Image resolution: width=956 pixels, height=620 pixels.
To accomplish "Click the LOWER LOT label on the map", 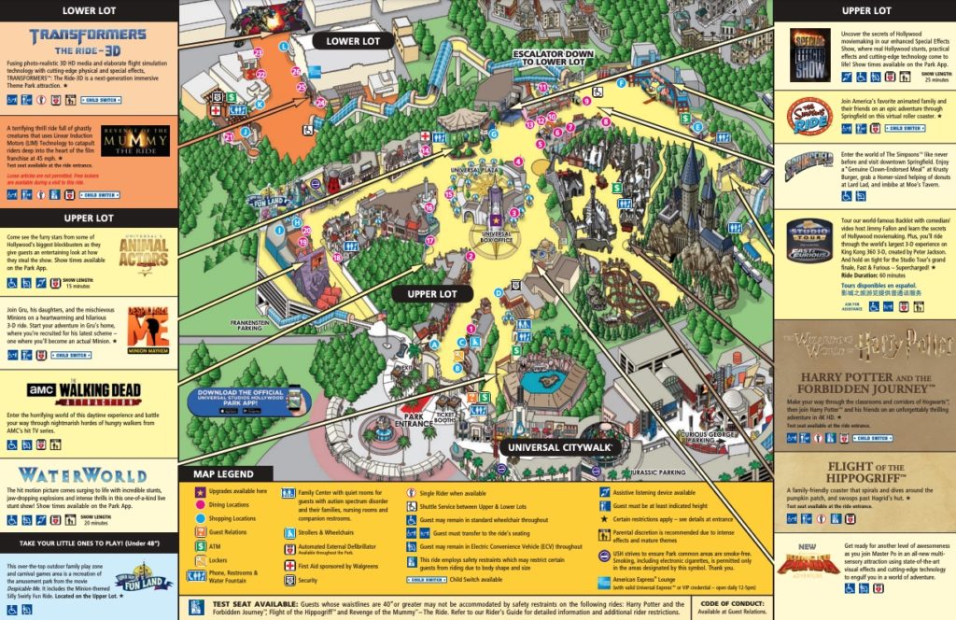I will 354,41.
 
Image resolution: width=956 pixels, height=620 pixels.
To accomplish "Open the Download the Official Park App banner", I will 249,401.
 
